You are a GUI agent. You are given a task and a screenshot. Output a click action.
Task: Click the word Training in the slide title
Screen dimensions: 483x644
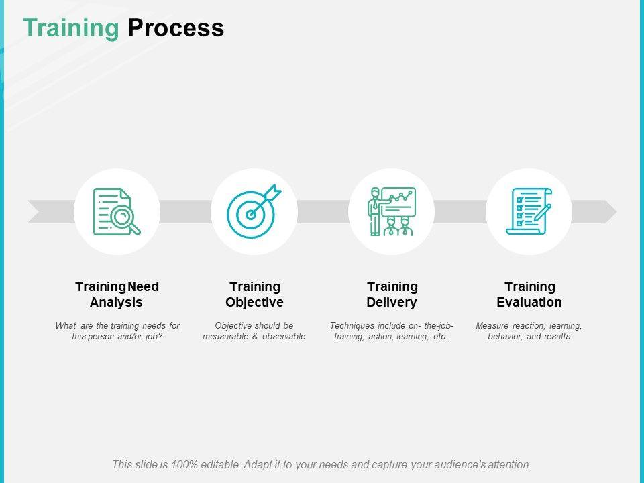70,28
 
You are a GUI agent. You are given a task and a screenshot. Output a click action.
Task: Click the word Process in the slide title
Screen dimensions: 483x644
176,28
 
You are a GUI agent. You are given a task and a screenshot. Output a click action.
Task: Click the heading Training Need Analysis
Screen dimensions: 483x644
117,294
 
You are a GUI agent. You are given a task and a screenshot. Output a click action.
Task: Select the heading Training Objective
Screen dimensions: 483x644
254,294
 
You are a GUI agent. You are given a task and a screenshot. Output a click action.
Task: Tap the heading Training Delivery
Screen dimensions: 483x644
392,294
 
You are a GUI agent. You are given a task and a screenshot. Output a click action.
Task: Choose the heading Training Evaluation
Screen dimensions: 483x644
529,294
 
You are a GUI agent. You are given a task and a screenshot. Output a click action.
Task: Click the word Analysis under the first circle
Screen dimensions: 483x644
117,303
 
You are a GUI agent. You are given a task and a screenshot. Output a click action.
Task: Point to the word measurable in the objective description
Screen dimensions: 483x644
226,337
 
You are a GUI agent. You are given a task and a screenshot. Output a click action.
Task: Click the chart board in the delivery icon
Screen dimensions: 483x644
399,201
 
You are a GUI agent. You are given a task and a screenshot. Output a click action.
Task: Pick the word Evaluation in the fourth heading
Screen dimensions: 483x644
529,303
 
